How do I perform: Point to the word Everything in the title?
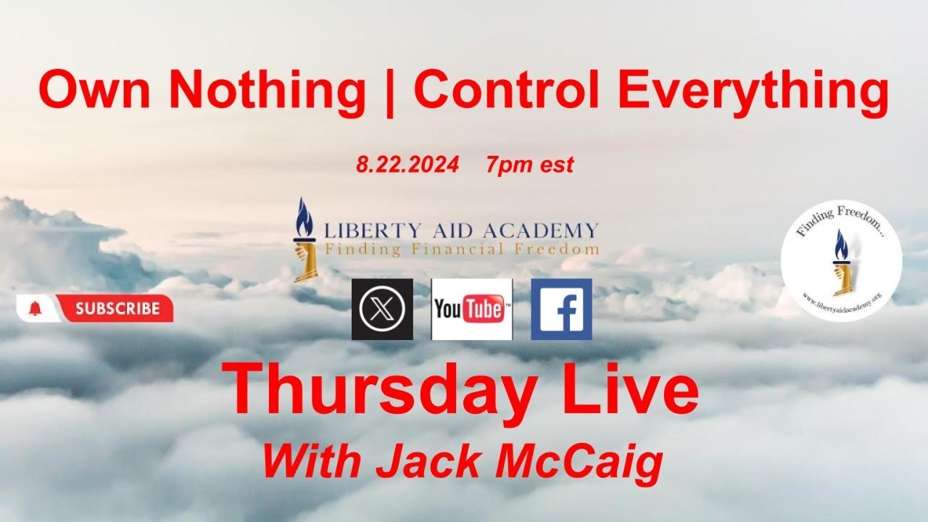click(754, 91)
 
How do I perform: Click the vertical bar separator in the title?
click(391, 93)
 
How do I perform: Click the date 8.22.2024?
click(407, 165)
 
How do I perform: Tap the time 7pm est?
click(530, 165)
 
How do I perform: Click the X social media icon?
click(382, 310)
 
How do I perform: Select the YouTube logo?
click(472, 310)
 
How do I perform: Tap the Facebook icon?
click(561, 310)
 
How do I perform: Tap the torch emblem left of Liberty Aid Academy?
click(302, 239)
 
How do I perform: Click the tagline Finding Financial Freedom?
click(462, 249)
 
